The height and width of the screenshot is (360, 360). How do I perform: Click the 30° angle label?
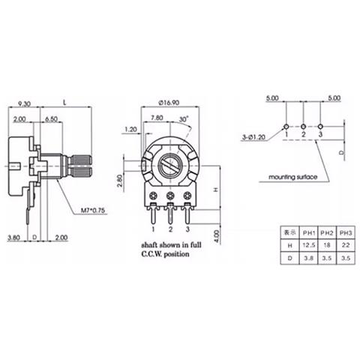[x=184, y=118]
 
